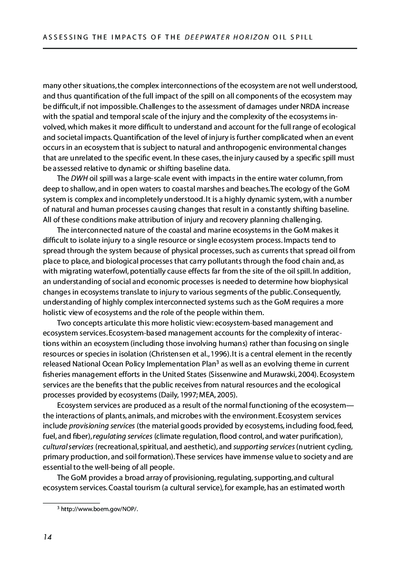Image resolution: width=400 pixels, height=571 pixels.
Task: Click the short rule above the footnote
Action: point(71,502)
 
